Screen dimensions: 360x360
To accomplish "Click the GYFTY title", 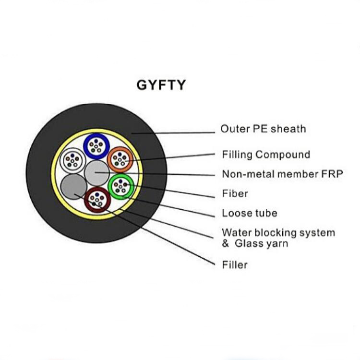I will pyautogui.click(x=161, y=85).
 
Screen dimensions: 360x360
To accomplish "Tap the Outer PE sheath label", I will pyautogui.click(x=263, y=129).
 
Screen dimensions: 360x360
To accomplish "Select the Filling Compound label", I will pyautogui.click(x=265, y=155).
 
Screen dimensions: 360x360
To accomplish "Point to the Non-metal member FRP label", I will pyautogui.click(x=282, y=174).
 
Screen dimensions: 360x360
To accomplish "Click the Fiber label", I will pyautogui.click(x=235, y=193).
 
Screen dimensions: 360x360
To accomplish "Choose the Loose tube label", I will pyautogui.click(x=249, y=213).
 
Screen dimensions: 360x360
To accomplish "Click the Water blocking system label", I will pyautogui.click(x=278, y=233).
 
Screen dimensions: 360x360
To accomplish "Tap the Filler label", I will pyautogui.click(x=235, y=264).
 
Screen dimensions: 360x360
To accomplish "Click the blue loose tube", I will pyautogui.click(x=96, y=145).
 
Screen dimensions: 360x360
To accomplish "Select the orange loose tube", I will pyautogui.click(x=120, y=159).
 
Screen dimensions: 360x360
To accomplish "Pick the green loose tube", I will pyautogui.click(x=120, y=186).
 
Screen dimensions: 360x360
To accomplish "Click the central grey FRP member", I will pyautogui.click(x=96, y=173).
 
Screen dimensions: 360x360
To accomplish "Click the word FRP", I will pyautogui.click(x=333, y=174).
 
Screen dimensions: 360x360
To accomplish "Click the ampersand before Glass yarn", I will pyautogui.click(x=226, y=243).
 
